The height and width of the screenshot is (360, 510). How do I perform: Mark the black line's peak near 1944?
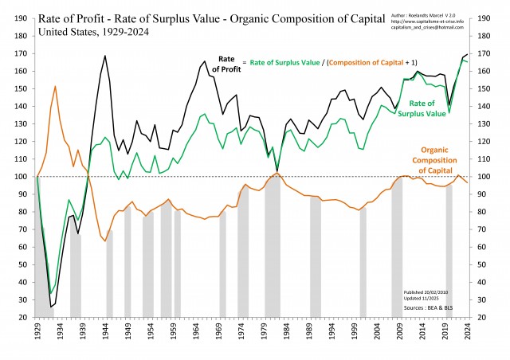105,56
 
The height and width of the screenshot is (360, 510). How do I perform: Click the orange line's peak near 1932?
55,86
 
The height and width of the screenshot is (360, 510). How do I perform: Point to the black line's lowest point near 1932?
51,307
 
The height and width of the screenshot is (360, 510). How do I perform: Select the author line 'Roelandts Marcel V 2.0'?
435,14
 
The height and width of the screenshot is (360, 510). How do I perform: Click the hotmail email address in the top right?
435,29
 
